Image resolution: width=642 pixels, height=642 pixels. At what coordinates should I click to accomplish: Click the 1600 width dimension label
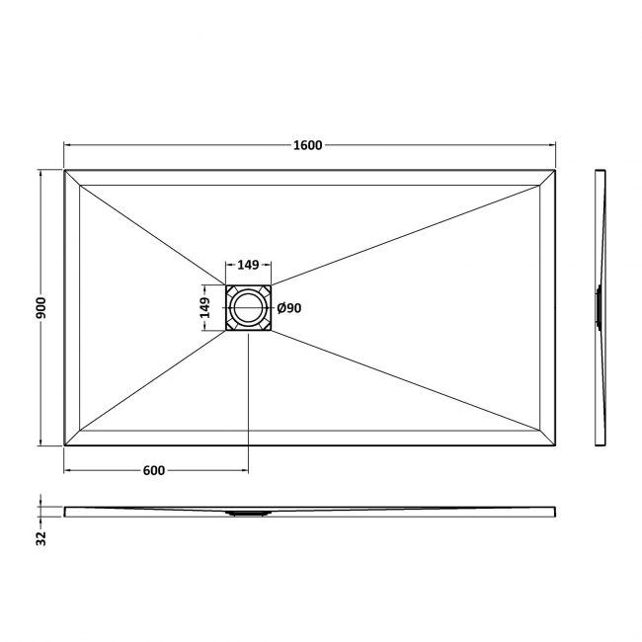307,145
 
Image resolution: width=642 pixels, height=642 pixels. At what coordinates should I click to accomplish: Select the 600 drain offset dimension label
153,470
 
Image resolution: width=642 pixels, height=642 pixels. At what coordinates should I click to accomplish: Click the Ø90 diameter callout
289,308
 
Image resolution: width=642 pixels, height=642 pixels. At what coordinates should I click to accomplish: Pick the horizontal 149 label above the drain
248,265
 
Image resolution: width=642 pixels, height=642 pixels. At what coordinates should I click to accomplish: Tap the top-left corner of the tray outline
65,171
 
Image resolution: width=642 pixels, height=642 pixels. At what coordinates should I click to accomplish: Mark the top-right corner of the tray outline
556,171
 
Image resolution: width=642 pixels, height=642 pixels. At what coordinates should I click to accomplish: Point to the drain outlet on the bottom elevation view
248,514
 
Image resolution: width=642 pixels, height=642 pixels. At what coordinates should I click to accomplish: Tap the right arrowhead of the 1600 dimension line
552,145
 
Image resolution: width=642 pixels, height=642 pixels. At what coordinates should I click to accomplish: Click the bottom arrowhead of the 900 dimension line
40,441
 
